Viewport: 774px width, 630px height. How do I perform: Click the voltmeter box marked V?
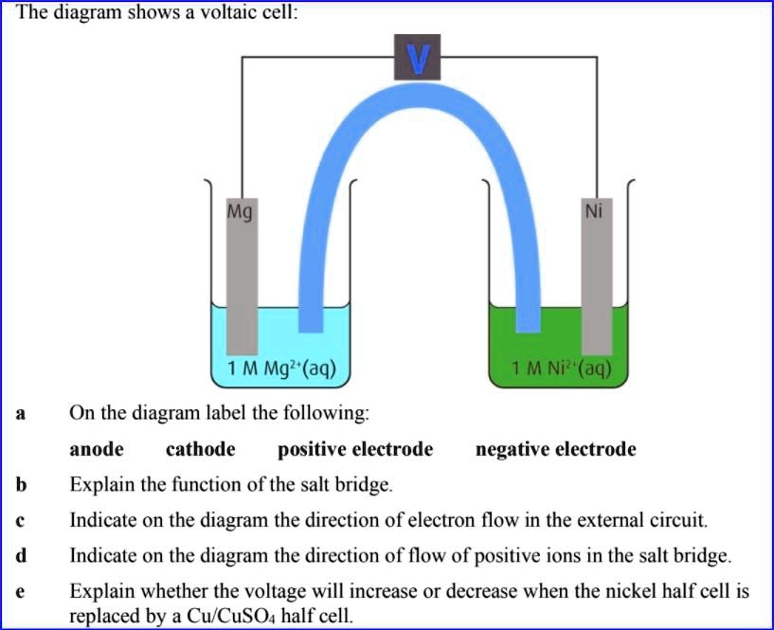click(418, 58)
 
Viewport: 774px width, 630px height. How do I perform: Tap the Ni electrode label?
click(594, 211)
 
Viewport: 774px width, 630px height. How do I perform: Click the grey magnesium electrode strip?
click(241, 275)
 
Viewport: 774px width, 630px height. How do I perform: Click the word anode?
click(98, 449)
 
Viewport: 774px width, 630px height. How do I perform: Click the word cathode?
click(201, 449)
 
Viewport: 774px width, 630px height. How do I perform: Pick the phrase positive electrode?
click(355, 449)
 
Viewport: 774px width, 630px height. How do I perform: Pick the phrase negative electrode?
click(555, 449)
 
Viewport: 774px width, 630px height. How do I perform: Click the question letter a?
click(20, 414)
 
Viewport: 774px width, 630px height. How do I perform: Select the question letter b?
click(20, 485)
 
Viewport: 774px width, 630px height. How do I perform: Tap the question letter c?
click(20, 520)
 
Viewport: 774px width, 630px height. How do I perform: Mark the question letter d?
click(20, 555)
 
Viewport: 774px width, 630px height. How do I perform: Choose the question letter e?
click(20, 591)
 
